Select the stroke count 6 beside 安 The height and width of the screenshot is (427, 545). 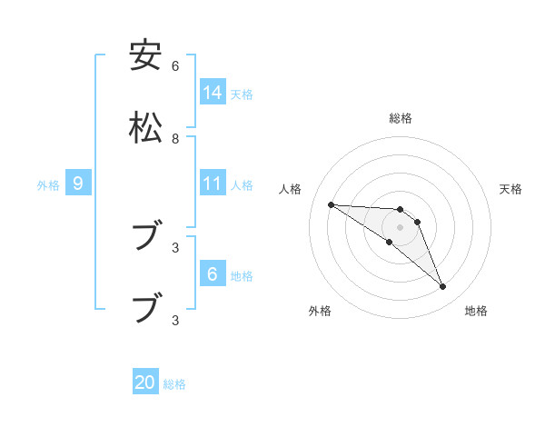pos(175,66)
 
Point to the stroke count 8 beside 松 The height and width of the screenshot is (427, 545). pos(175,139)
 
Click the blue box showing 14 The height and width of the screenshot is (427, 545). pos(213,93)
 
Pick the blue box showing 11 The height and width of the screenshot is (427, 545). pos(213,184)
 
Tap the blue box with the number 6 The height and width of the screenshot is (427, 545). pos(213,274)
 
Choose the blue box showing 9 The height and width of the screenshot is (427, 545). pos(78,184)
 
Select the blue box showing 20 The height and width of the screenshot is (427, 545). pos(145,382)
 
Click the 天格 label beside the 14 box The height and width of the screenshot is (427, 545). pos(242,94)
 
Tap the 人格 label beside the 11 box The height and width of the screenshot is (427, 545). pos(242,185)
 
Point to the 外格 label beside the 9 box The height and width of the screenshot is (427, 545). pos(48,185)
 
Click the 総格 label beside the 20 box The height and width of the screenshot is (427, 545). pos(174,384)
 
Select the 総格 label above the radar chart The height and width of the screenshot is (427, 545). pos(400,118)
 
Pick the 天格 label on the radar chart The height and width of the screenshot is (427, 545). pos(510,189)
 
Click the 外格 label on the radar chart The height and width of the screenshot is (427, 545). pos(320,311)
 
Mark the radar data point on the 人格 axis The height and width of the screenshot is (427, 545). pos(331,204)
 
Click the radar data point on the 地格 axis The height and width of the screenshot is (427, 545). pos(443,287)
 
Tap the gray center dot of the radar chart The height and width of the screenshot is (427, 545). pos(400,226)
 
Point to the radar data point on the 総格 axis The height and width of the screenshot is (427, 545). pos(400,209)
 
